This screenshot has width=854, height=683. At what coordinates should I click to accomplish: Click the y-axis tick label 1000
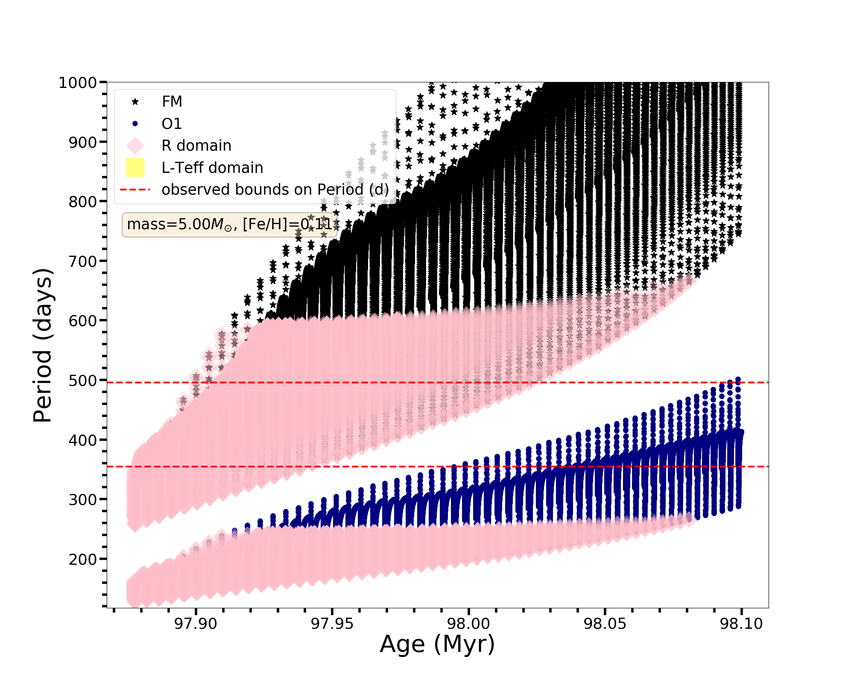[x=77, y=82]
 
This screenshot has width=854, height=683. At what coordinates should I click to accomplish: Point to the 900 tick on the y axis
[x=82, y=142]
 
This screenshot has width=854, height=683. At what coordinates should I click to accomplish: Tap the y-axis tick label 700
[x=82, y=261]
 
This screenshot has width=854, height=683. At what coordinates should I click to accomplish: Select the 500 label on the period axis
[x=82, y=380]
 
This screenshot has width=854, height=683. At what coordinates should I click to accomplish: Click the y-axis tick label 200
[x=82, y=559]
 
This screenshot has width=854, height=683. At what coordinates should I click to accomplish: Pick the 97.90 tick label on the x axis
[x=196, y=624]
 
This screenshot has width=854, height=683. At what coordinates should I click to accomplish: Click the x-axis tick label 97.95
[x=332, y=624]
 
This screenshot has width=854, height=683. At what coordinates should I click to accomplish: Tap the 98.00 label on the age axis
[x=468, y=624]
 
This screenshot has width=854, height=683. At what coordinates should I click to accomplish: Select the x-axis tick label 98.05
[x=605, y=624]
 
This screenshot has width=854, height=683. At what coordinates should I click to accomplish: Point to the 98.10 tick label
[x=741, y=624]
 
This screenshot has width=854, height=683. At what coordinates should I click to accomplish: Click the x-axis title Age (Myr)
[x=437, y=644]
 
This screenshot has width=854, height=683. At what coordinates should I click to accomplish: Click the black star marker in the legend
[x=135, y=102]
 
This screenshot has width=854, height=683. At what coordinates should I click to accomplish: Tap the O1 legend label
[x=172, y=124]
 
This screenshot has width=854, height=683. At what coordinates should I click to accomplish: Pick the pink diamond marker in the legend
[x=135, y=146]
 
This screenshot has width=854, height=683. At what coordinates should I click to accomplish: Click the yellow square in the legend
[x=135, y=168]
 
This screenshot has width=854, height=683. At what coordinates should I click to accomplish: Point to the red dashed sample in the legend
[x=135, y=190]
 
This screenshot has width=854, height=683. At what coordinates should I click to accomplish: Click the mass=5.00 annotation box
[x=229, y=225]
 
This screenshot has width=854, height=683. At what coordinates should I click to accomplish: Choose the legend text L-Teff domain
[x=212, y=168]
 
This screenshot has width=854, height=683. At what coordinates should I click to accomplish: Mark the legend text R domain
[x=196, y=146]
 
